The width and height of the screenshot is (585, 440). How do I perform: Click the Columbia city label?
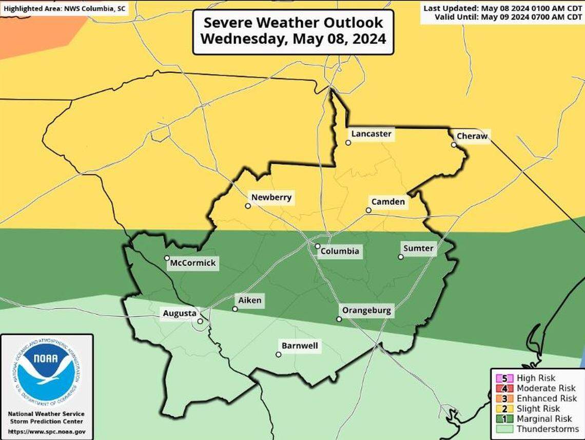339,252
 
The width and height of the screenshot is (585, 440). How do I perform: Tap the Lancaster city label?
371,134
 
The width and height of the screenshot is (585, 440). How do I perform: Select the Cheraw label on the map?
472,137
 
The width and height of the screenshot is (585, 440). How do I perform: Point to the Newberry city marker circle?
248,206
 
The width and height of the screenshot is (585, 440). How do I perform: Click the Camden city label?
387,202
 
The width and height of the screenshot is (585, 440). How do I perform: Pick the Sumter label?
418,248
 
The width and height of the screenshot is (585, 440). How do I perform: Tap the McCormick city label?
193,264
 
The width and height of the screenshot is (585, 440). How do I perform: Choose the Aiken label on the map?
250,300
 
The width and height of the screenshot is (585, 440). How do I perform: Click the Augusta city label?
179,313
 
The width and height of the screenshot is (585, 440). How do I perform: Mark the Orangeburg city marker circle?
339,319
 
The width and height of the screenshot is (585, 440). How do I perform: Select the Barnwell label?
300,346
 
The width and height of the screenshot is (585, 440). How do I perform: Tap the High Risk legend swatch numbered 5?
505,378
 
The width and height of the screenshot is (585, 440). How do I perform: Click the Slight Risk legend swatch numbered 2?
505,409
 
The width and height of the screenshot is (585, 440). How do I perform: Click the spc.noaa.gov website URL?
47,432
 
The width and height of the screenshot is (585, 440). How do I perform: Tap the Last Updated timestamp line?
502,8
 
